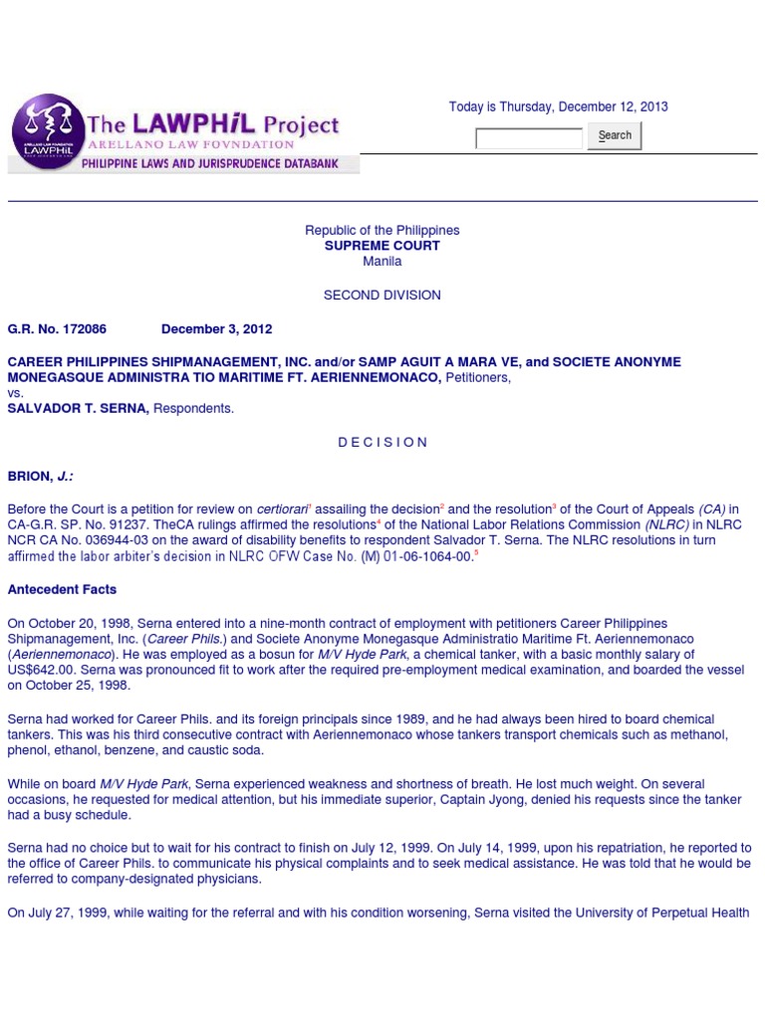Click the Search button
pos(615,135)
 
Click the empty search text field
pos(529,138)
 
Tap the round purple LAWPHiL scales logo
pos(47,131)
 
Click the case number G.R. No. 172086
pos(57,329)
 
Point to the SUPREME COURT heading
pos(382,246)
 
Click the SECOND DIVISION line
pos(382,296)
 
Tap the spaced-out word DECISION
pos(382,443)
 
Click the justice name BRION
pos(29,477)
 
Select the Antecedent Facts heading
pos(62,590)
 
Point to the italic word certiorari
pos(280,509)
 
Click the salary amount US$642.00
pos(38,671)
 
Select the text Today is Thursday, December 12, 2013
pos(558,107)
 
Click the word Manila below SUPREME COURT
pos(382,262)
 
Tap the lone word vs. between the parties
pos(16,393)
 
